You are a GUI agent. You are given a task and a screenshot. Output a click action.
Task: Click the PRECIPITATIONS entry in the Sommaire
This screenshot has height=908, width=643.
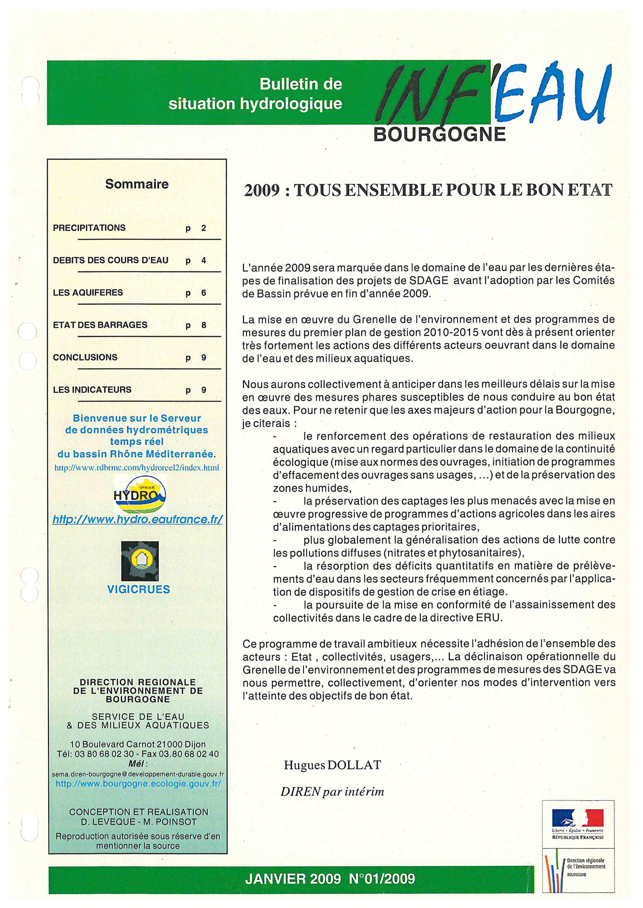coord(89,228)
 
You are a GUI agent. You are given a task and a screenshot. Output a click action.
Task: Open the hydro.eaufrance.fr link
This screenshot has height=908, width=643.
coord(137,519)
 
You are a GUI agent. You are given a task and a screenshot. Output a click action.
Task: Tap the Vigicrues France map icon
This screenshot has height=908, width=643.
coord(140,561)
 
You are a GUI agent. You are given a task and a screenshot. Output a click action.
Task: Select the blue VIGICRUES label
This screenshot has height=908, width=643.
coord(138,589)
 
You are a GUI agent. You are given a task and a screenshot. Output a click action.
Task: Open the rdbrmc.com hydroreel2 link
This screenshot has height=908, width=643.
coord(137,468)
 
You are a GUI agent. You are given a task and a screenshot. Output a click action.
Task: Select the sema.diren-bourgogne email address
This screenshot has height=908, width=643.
coord(138,774)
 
